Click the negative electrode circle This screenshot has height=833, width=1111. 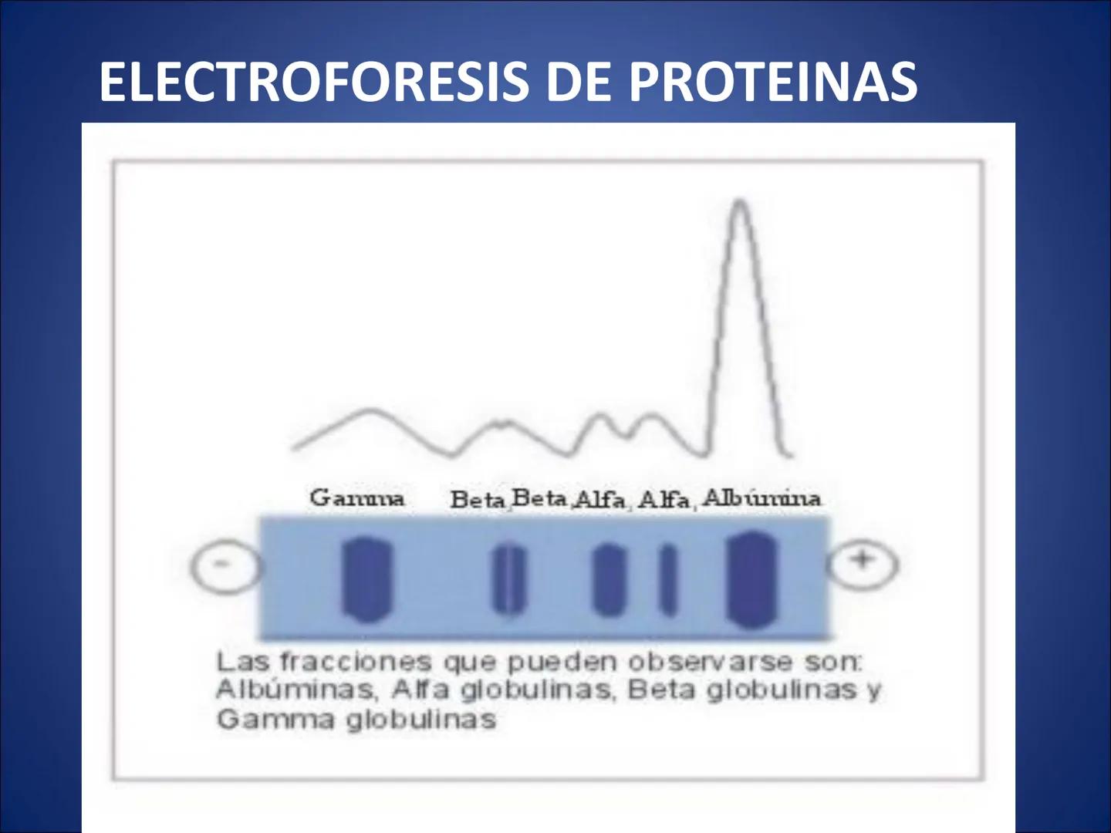pyautogui.click(x=223, y=565)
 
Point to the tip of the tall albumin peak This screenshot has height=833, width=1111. pyautogui.click(x=741, y=202)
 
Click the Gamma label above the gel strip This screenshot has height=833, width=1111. pyautogui.click(x=356, y=498)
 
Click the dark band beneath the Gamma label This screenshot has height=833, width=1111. pyautogui.click(x=366, y=580)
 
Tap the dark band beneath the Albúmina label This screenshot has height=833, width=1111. pyautogui.click(x=751, y=578)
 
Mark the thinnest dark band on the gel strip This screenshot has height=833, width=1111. pyautogui.click(x=667, y=580)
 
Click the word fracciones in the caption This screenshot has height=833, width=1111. pyautogui.click(x=354, y=663)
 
